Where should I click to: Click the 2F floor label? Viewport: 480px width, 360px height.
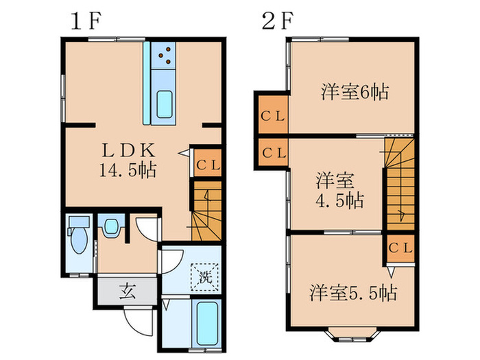(x=278, y=20)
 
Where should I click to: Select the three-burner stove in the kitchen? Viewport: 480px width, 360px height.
(x=165, y=56)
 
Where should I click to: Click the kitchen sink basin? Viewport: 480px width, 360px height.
(x=165, y=104)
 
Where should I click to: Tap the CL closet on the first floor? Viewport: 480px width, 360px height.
(x=207, y=165)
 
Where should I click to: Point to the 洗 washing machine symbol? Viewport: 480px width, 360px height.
(x=204, y=278)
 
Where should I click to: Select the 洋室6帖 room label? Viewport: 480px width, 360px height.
(x=354, y=91)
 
